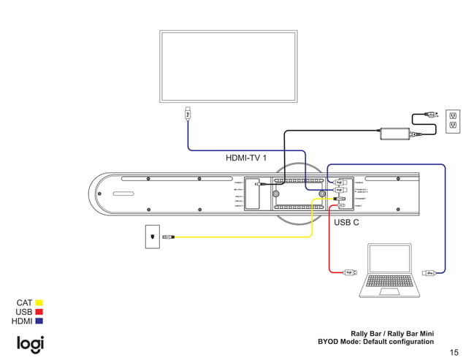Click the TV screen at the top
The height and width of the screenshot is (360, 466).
(229, 65)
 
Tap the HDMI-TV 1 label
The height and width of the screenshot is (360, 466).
(246, 158)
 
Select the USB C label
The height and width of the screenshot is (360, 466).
(346, 222)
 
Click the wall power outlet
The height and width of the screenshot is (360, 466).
(453, 122)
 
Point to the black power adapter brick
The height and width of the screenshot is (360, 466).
(394, 134)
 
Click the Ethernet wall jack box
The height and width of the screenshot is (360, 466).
(151, 237)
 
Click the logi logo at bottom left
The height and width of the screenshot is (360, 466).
(31, 344)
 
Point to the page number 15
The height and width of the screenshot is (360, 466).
(454, 351)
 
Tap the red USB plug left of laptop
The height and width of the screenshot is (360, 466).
(350, 273)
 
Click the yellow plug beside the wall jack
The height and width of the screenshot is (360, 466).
(168, 237)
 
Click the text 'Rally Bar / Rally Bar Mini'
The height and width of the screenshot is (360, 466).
(392, 333)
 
